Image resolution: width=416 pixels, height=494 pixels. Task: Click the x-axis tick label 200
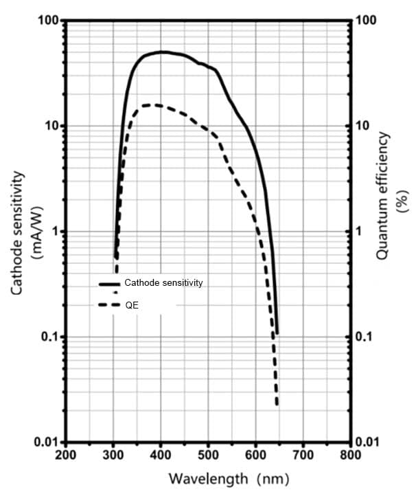(65, 456)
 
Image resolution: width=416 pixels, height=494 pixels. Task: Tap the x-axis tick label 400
(161, 456)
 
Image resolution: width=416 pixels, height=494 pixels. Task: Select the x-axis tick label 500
(208, 456)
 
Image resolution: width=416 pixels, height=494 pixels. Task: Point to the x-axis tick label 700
(303, 456)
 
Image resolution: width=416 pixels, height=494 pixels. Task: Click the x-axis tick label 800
(350, 456)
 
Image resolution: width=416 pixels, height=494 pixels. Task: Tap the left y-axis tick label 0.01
(46, 442)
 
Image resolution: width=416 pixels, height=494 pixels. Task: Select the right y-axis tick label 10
(361, 126)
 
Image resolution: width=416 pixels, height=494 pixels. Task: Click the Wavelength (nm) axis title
(229, 478)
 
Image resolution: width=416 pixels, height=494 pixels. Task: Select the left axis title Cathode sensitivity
(19, 234)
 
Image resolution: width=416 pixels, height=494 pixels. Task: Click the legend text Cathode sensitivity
(163, 282)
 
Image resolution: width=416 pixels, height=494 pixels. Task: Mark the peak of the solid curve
(162, 52)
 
